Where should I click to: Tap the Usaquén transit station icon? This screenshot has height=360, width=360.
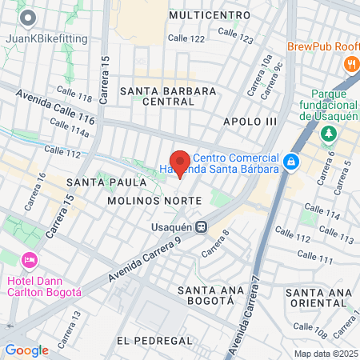pos(203,226)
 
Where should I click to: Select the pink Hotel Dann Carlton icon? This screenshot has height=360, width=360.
pos(30,260)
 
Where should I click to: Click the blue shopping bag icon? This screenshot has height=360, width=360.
pos(292,162)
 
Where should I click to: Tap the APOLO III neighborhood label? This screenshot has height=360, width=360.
pos(250,121)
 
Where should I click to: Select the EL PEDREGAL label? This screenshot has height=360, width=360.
pos(154,341)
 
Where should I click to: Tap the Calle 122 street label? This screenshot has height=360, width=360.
pos(187,38)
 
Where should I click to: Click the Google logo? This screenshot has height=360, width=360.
pos(26,350)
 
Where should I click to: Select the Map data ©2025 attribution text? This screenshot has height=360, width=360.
pos(326,354)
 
